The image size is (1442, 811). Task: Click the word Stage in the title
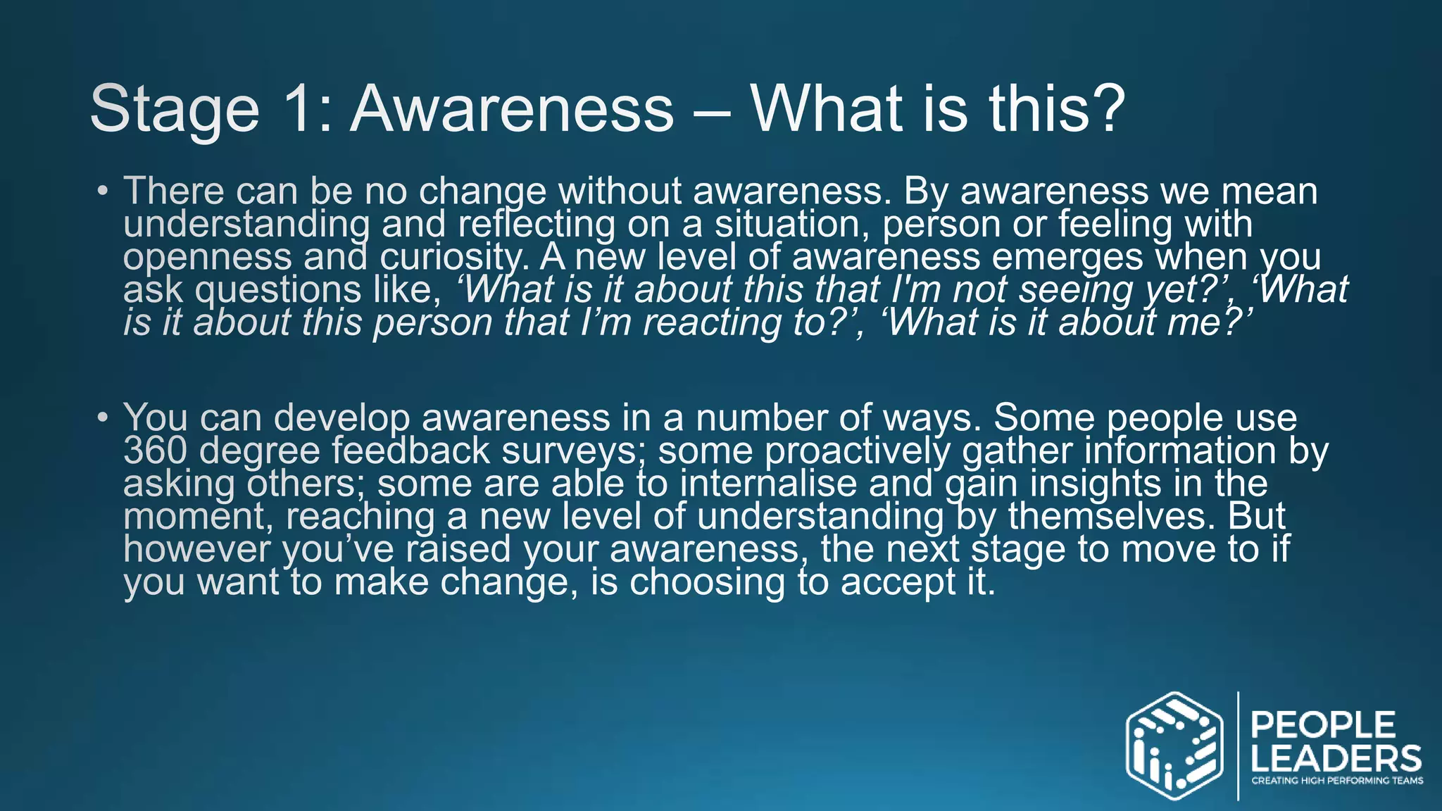click(175, 110)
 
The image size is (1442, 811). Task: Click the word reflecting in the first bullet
click(537, 225)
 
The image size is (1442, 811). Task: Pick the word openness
click(207, 258)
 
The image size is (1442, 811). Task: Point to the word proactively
click(857, 451)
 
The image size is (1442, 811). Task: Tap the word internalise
click(768, 484)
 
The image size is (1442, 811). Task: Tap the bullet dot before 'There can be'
click(103, 191)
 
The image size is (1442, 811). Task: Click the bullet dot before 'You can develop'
click(103, 418)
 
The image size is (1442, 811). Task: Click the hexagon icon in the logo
click(1174, 746)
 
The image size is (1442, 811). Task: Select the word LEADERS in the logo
click(1336, 759)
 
